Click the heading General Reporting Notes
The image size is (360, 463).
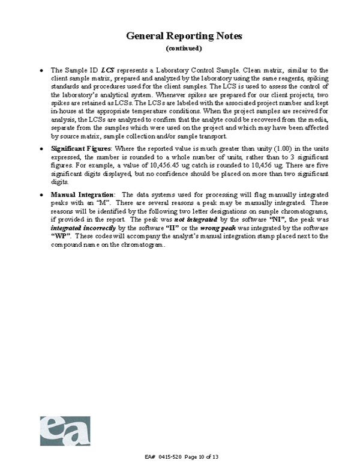(x=184, y=36)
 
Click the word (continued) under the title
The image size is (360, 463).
(x=184, y=48)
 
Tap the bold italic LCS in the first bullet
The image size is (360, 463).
(x=107, y=70)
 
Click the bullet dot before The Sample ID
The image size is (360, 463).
(x=41, y=71)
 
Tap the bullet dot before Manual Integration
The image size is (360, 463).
(x=41, y=196)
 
